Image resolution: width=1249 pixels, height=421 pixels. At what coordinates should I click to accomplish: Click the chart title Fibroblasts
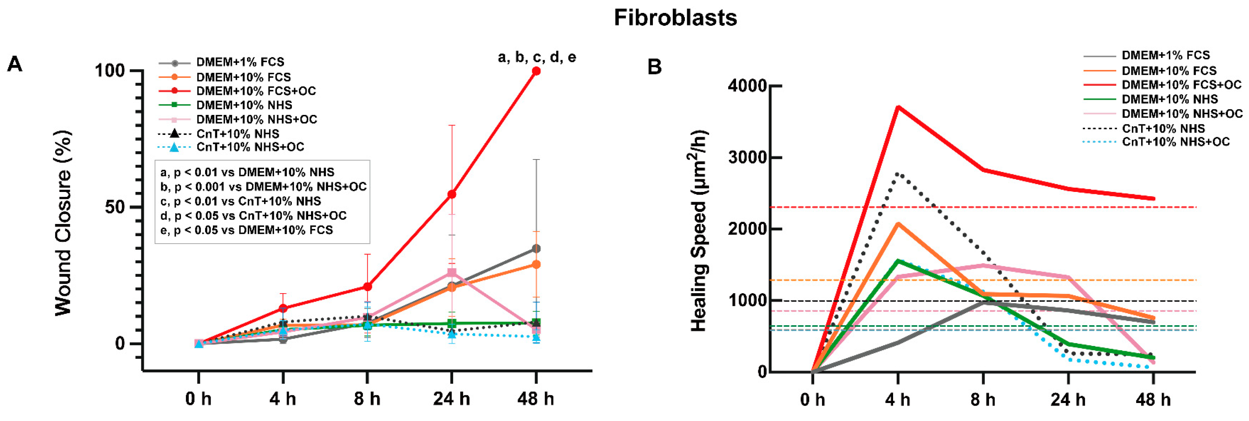pos(675,18)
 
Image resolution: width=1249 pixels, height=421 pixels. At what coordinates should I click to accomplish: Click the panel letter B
pos(654,67)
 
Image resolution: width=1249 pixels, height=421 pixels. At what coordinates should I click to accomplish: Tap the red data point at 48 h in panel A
pos(536,71)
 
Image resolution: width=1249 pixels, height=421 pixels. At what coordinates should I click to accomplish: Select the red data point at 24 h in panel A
pos(451,195)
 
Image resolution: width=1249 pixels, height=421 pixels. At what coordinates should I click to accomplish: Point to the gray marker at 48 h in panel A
pos(536,249)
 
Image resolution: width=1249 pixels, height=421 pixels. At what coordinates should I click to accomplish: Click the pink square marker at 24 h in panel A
pos(451,273)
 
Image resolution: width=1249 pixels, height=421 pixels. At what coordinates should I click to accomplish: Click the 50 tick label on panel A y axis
pos(115,207)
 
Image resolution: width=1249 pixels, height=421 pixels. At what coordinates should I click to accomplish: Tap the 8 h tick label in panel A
pos(367,399)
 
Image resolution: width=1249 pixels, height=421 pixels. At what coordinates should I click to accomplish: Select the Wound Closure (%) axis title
pos(63,223)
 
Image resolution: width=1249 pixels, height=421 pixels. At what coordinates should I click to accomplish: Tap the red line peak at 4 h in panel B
pos(898,107)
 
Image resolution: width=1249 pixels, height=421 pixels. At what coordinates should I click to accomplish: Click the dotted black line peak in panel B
pos(898,174)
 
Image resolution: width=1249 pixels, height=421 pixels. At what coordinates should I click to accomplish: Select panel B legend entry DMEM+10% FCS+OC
pos(1181,85)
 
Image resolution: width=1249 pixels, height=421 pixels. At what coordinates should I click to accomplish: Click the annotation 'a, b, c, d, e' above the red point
pos(537,57)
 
